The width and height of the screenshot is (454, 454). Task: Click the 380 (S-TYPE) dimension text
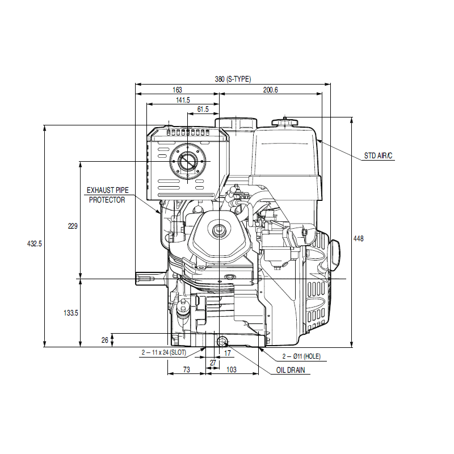[233, 79]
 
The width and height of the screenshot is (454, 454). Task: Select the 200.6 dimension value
[271, 90]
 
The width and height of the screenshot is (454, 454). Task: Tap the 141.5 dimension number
[183, 100]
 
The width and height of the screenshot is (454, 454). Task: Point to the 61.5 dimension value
[203, 109]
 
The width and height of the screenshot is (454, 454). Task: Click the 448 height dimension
[358, 238]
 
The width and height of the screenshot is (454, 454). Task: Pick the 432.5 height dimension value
[35, 244]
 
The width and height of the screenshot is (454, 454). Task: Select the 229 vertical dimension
[73, 226]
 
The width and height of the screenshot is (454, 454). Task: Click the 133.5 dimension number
[71, 313]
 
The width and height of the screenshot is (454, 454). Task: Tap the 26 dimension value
[105, 340]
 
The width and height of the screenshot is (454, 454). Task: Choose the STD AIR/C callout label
[378, 155]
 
